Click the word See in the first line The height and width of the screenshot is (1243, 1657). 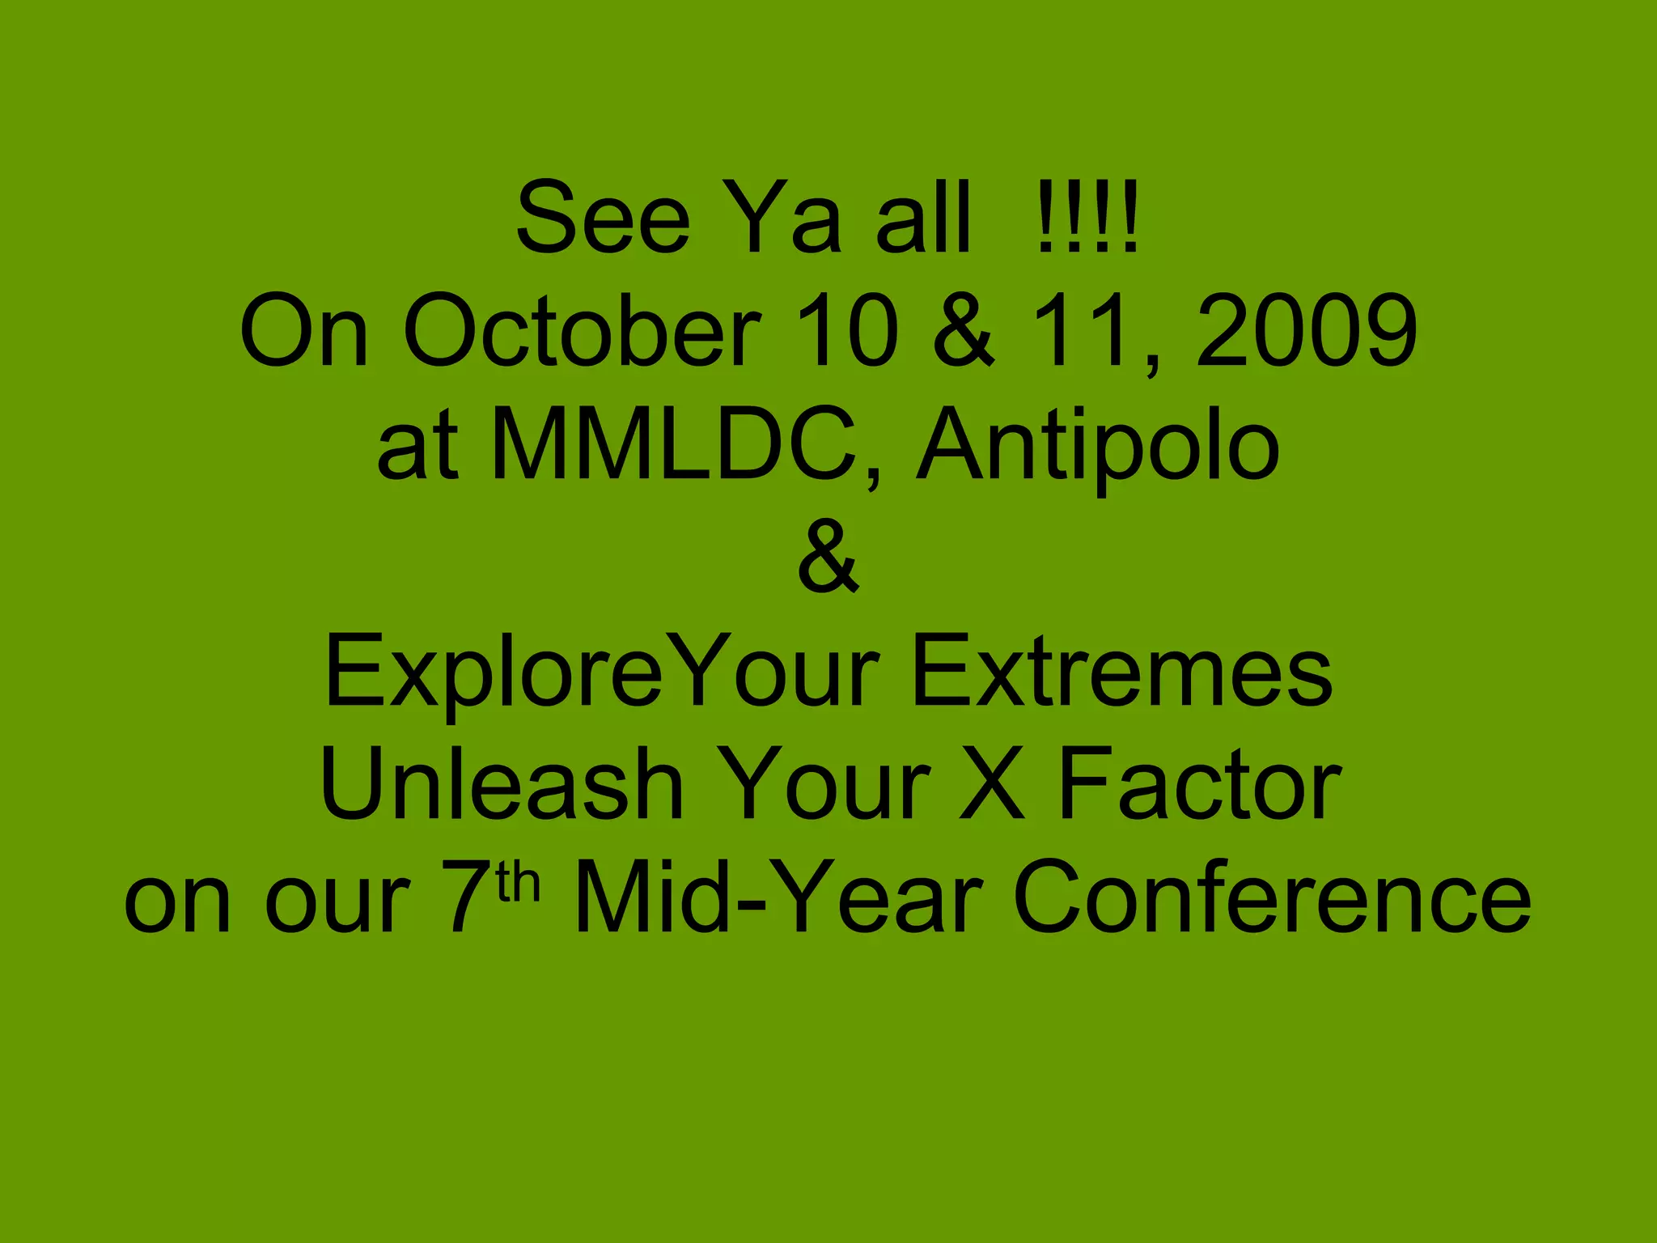pos(603,218)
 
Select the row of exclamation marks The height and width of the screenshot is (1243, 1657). pos(1087,218)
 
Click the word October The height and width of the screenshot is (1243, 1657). pos(583,331)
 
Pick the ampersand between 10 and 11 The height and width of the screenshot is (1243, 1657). pos(963,331)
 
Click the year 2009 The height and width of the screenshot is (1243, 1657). pos(1306,331)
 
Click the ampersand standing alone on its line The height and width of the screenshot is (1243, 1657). pos(828,558)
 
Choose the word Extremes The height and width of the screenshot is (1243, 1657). pos(1121,672)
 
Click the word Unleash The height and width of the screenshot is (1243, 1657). pos(502,784)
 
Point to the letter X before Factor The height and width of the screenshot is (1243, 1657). pos(992,784)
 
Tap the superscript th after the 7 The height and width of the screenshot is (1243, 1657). pos(519,883)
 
